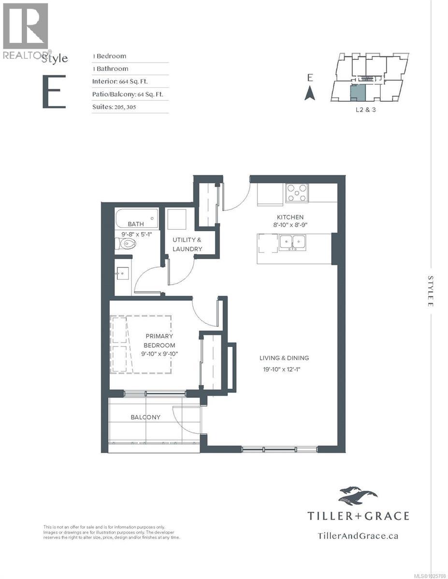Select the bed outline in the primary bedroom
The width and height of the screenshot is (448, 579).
pos(140,344)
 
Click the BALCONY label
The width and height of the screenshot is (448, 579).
pos(145,417)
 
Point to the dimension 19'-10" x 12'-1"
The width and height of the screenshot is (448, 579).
pos(284,370)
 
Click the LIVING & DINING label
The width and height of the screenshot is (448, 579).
pos(284,358)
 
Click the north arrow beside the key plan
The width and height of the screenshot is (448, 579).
pos(310,93)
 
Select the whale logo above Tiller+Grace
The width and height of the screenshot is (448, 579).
pos(358,495)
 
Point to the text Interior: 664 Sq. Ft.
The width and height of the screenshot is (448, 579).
pos(120,81)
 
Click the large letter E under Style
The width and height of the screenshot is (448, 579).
pos(54,92)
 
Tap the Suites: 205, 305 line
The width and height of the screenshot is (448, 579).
pos(114,107)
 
